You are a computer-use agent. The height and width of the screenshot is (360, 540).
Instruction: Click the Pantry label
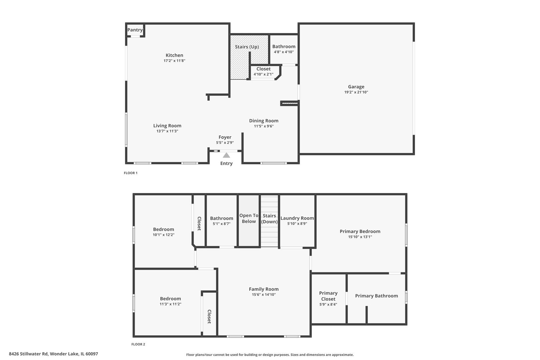(135, 30)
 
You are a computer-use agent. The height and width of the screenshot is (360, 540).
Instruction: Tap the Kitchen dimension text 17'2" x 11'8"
(174, 61)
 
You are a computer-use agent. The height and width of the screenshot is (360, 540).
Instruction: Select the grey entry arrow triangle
(226, 155)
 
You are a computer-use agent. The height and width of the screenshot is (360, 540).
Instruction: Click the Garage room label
(356, 87)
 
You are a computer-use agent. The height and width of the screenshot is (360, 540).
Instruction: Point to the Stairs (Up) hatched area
(240, 63)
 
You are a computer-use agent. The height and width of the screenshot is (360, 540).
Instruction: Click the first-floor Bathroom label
(284, 47)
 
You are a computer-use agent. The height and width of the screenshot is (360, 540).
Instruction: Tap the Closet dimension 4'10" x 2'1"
(263, 74)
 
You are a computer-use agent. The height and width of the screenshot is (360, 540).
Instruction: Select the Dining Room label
(264, 121)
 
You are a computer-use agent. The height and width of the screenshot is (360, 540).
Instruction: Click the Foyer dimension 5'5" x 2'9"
(225, 143)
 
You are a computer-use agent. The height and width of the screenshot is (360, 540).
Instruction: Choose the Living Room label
(167, 126)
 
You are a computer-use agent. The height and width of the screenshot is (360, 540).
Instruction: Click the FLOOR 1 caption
(131, 173)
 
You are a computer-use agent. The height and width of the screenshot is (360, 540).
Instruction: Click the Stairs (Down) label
(269, 219)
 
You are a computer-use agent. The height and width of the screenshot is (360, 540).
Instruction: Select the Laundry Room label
(297, 218)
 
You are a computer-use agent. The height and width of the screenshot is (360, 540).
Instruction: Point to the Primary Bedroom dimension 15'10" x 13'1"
(360, 237)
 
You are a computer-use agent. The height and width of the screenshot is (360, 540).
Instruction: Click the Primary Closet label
(328, 296)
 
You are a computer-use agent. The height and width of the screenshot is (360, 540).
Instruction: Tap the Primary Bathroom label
(376, 296)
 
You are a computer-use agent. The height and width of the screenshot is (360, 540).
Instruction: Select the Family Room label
(264, 289)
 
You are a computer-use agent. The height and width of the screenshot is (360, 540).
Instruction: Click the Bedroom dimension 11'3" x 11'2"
(170, 304)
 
